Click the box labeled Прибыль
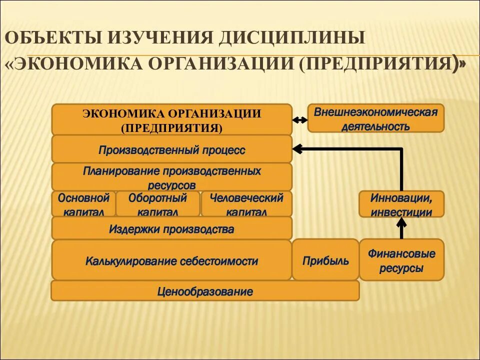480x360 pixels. coord(325,260)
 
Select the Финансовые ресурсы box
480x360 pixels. coord(401,260)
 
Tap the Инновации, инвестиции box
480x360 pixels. coord(401,204)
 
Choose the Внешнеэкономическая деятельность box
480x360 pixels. coord(375,118)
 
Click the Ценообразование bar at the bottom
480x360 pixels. coord(205,291)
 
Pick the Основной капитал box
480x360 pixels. coord(83,204)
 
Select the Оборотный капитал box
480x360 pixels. coord(158,204)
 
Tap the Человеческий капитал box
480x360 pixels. coord(246,204)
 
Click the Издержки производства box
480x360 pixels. coord(171,228)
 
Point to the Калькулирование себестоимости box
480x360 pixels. coord(171,260)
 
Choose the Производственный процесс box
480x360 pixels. coord(171,149)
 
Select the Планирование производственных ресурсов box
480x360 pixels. coord(171,177)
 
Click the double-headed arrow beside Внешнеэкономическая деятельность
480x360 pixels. coord(299,120)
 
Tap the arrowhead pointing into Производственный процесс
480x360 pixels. coord(297,148)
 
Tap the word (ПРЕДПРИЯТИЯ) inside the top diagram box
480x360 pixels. coord(171,128)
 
